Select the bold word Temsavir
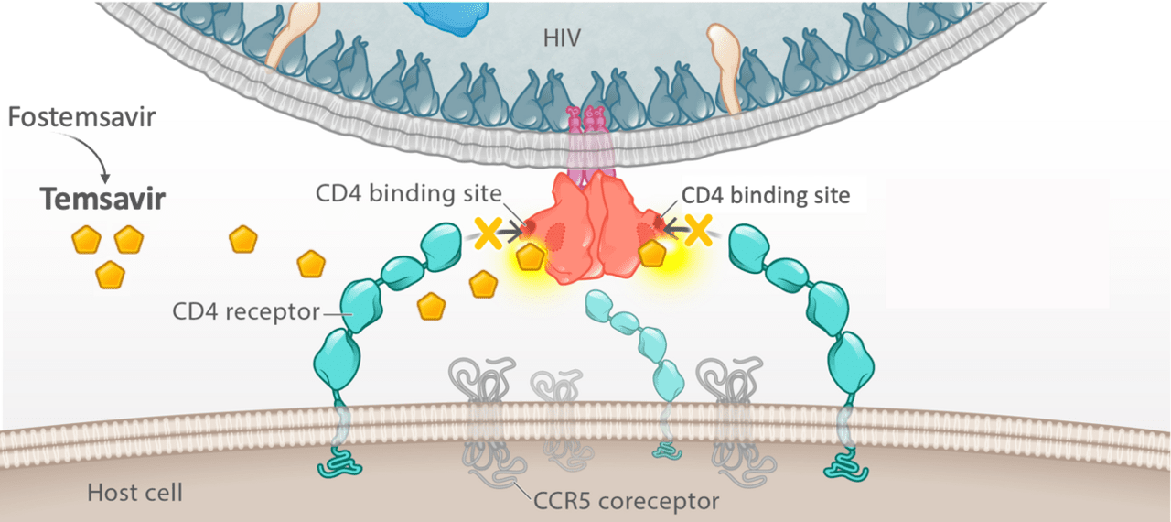[101, 199]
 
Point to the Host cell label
[134, 493]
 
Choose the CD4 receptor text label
[246, 311]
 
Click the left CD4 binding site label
[410, 194]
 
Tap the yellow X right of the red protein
[699, 229]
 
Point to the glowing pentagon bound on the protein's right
[652, 253]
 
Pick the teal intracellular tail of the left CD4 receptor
[341, 462]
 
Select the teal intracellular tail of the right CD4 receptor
[846, 462]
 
